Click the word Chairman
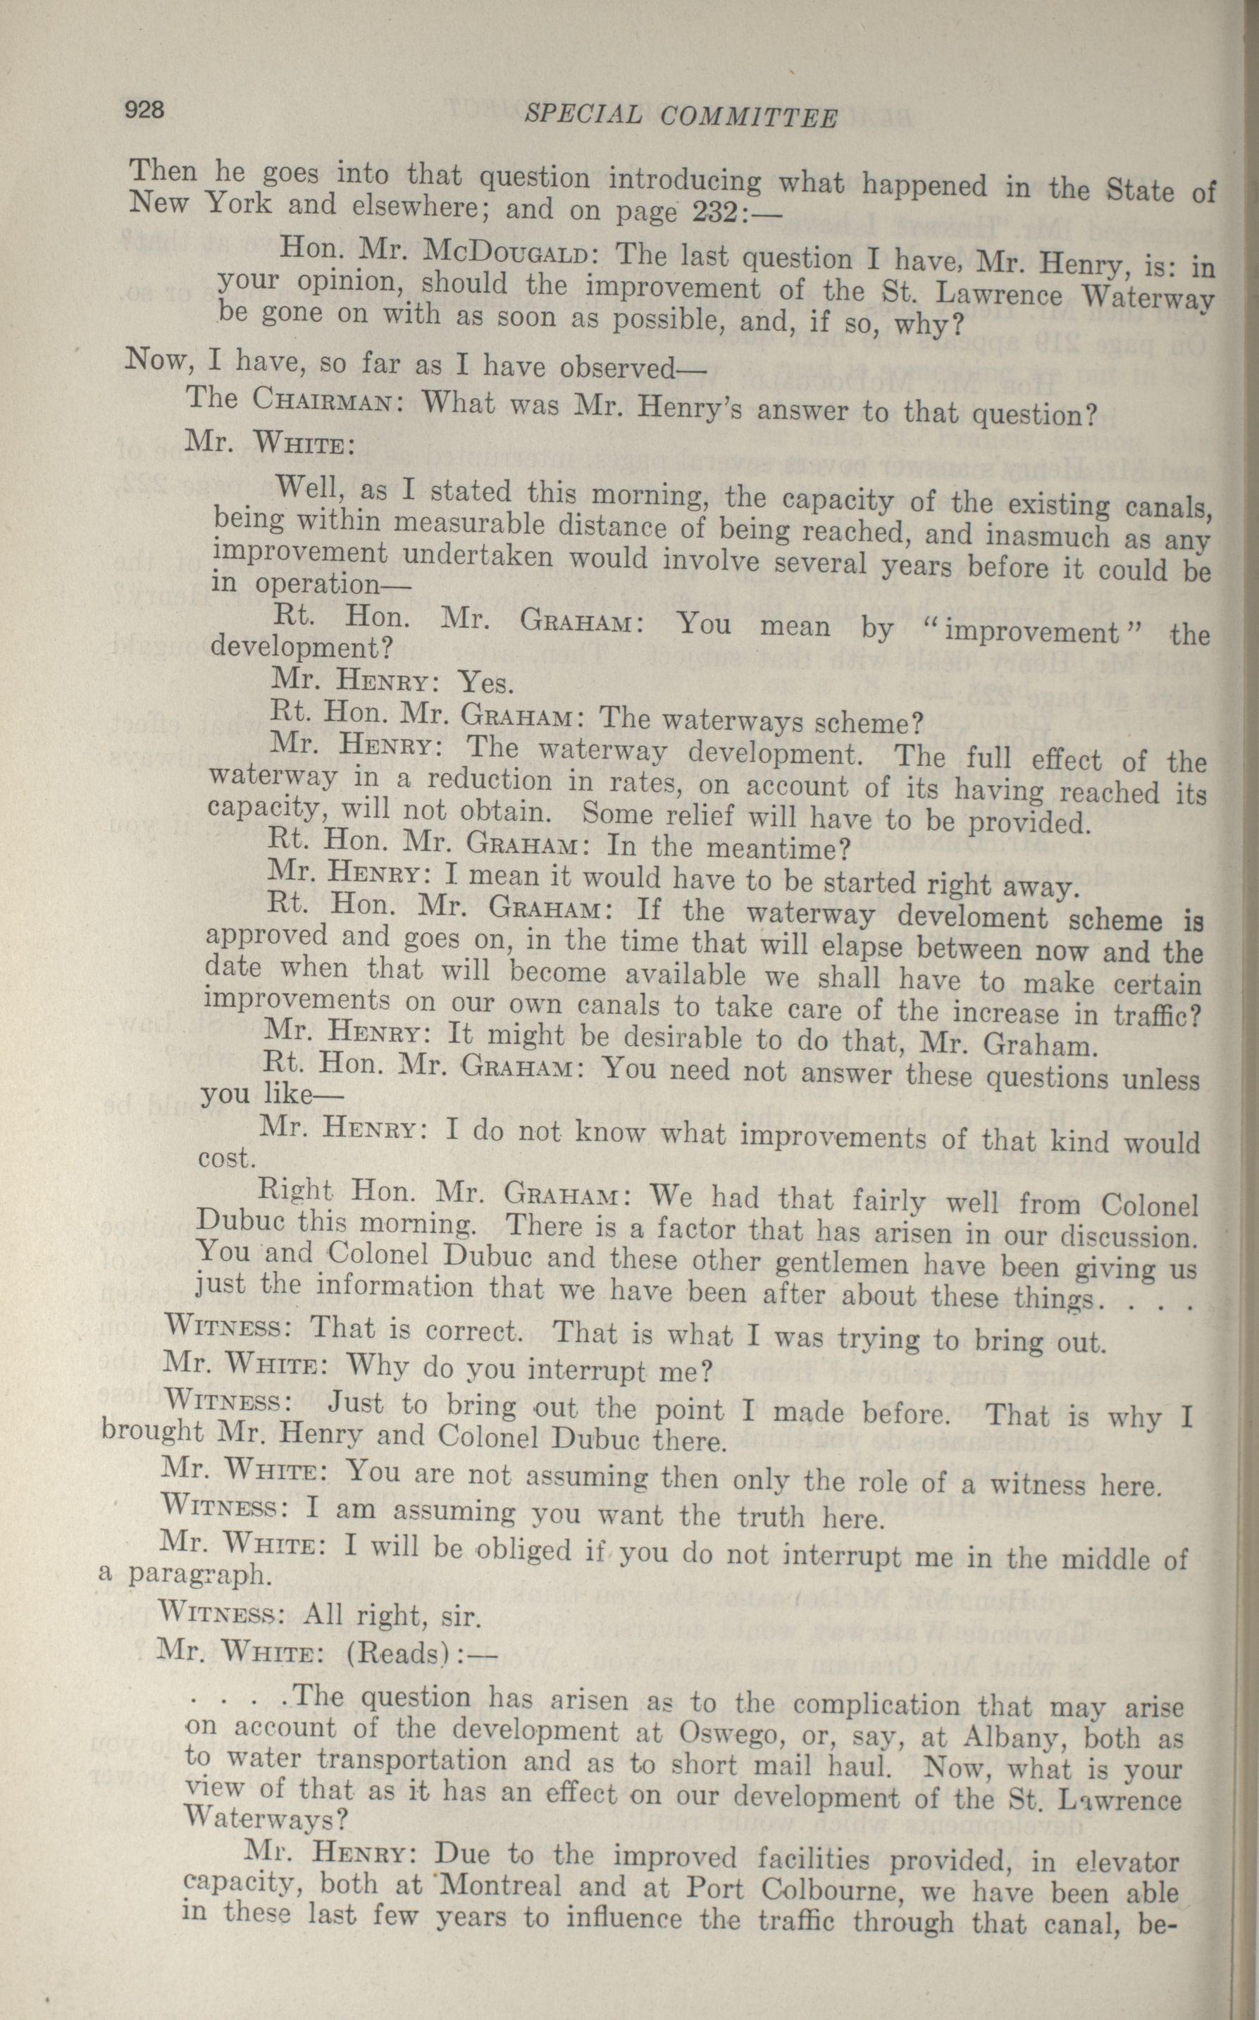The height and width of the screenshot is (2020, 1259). pyautogui.click(x=321, y=399)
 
